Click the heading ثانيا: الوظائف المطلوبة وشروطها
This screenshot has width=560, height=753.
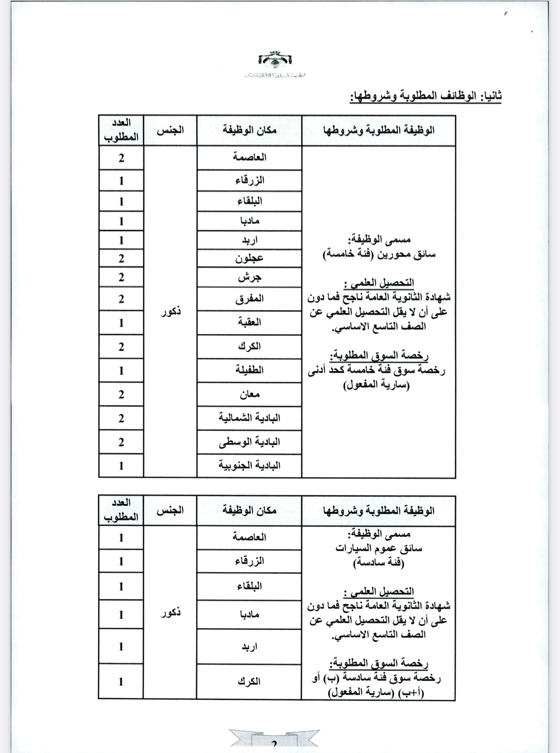(426, 96)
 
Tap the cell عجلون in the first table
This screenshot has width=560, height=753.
(249, 258)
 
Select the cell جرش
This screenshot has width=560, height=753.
(249, 278)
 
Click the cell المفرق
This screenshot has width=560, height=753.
(249, 299)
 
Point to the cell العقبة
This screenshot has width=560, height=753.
(249, 323)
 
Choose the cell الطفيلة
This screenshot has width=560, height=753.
(249, 370)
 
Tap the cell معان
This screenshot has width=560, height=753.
(249, 394)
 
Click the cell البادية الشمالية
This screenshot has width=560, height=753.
(249, 418)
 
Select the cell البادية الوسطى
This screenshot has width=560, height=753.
(249, 442)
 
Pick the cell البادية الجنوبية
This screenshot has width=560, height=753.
(249, 465)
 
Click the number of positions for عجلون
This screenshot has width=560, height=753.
(121, 258)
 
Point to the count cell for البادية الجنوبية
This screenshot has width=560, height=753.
(121, 465)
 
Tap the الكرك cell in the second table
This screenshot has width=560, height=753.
(249, 681)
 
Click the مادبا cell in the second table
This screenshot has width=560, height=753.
(249, 614)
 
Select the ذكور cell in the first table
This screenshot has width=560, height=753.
(170, 311)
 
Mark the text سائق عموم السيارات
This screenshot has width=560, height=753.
(379, 548)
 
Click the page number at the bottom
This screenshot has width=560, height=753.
(274, 744)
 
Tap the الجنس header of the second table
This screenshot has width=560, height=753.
(170, 511)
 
